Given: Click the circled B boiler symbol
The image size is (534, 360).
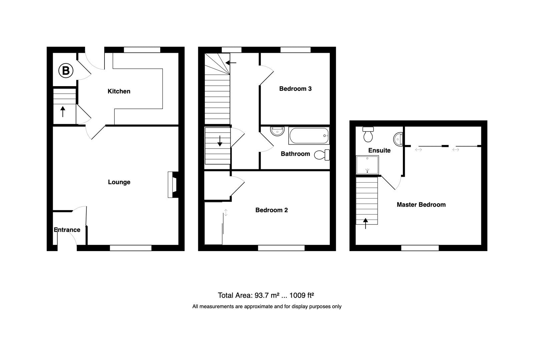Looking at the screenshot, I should pyautogui.click(x=66, y=71).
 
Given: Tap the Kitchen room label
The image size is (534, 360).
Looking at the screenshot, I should pyautogui.click(x=119, y=91).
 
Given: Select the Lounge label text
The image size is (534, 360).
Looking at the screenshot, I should pyautogui.click(x=119, y=182).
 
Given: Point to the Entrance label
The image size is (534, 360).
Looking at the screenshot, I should pyautogui.click(x=67, y=230).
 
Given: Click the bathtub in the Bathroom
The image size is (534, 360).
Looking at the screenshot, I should pyautogui.click(x=309, y=136).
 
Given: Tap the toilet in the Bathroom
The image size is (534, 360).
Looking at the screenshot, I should pyautogui.click(x=322, y=155).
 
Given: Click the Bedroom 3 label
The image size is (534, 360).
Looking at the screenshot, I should pyautogui.click(x=295, y=88).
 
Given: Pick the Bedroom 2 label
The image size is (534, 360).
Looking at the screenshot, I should pyautogui.click(x=271, y=210).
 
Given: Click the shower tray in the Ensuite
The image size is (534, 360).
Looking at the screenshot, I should pyautogui.click(x=367, y=165).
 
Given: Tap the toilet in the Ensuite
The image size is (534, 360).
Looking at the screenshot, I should pyautogui.click(x=368, y=135).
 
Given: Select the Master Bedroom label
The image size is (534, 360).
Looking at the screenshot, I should pyautogui.click(x=421, y=205).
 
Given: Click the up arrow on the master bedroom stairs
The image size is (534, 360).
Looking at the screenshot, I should pyautogui.click(x=366, y=223).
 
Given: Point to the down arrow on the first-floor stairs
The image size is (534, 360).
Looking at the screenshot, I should pyautogui.click(x=220, y=141).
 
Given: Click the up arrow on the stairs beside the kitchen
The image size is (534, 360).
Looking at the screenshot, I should pyautogui.click(x=63, y=111).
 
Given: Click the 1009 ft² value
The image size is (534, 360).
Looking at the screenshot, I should pyautogui.click(x=302, y=295).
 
